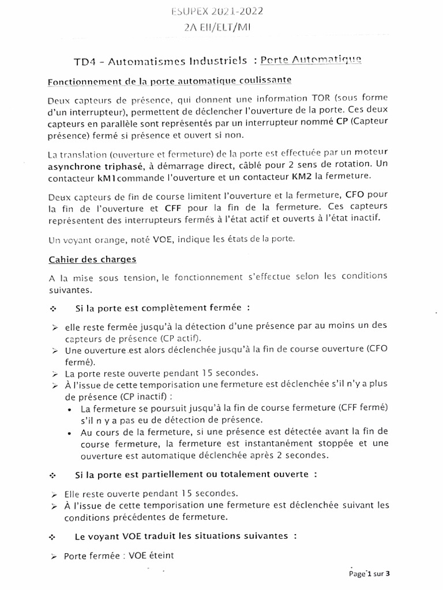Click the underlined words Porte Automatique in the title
(311, 60)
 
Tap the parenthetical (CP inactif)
(144, 397)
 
